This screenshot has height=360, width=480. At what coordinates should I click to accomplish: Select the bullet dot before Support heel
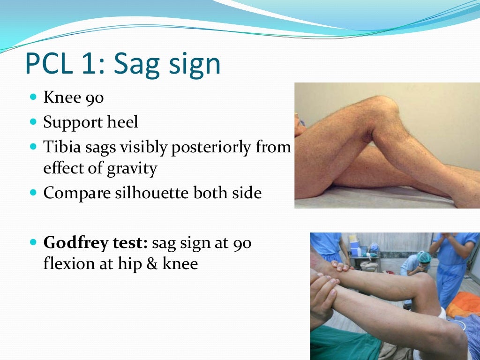click(32, 122)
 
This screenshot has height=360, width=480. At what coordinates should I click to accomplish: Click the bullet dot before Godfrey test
click(32, 243)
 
